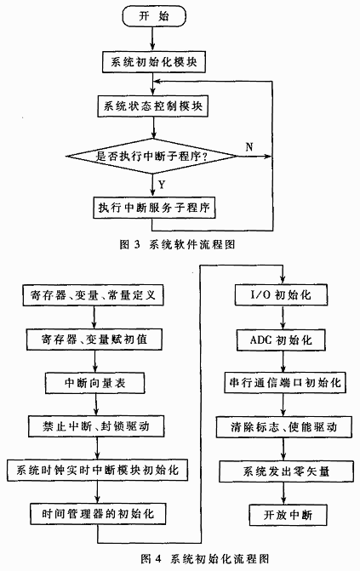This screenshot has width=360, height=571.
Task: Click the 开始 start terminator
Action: coord(154,16)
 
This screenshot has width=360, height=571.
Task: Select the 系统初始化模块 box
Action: coord(153,62)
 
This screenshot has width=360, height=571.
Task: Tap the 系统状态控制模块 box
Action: coord(153,106)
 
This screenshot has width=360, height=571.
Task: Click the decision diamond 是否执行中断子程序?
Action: coord(152,157)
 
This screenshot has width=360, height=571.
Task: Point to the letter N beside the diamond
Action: coord(249,146)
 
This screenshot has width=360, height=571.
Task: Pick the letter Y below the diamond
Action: coord(162,185)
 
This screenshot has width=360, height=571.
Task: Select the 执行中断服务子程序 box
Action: coord(154,208)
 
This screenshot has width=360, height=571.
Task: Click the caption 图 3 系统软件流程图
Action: coord(178,244)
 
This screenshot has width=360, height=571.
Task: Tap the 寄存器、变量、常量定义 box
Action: coord(93,295)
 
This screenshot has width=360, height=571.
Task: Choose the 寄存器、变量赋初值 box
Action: coord(94,340)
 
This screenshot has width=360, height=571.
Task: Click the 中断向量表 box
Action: coord(94,383)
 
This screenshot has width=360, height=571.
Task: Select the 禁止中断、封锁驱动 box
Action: coord(96,426)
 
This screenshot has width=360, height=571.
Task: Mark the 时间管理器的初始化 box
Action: coord(98,514)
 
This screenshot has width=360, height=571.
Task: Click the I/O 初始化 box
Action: coord(281,294)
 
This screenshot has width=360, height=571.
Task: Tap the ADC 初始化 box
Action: coord(281,340)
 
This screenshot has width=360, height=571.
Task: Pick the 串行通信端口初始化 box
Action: coord(285,382)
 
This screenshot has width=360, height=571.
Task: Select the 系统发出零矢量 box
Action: coord(286,471)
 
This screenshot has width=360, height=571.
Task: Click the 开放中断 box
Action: coord(288,515)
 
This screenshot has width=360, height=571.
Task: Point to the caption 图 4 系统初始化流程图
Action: coord(205,558)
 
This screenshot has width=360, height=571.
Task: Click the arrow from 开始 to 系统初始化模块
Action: coord(152,39)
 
